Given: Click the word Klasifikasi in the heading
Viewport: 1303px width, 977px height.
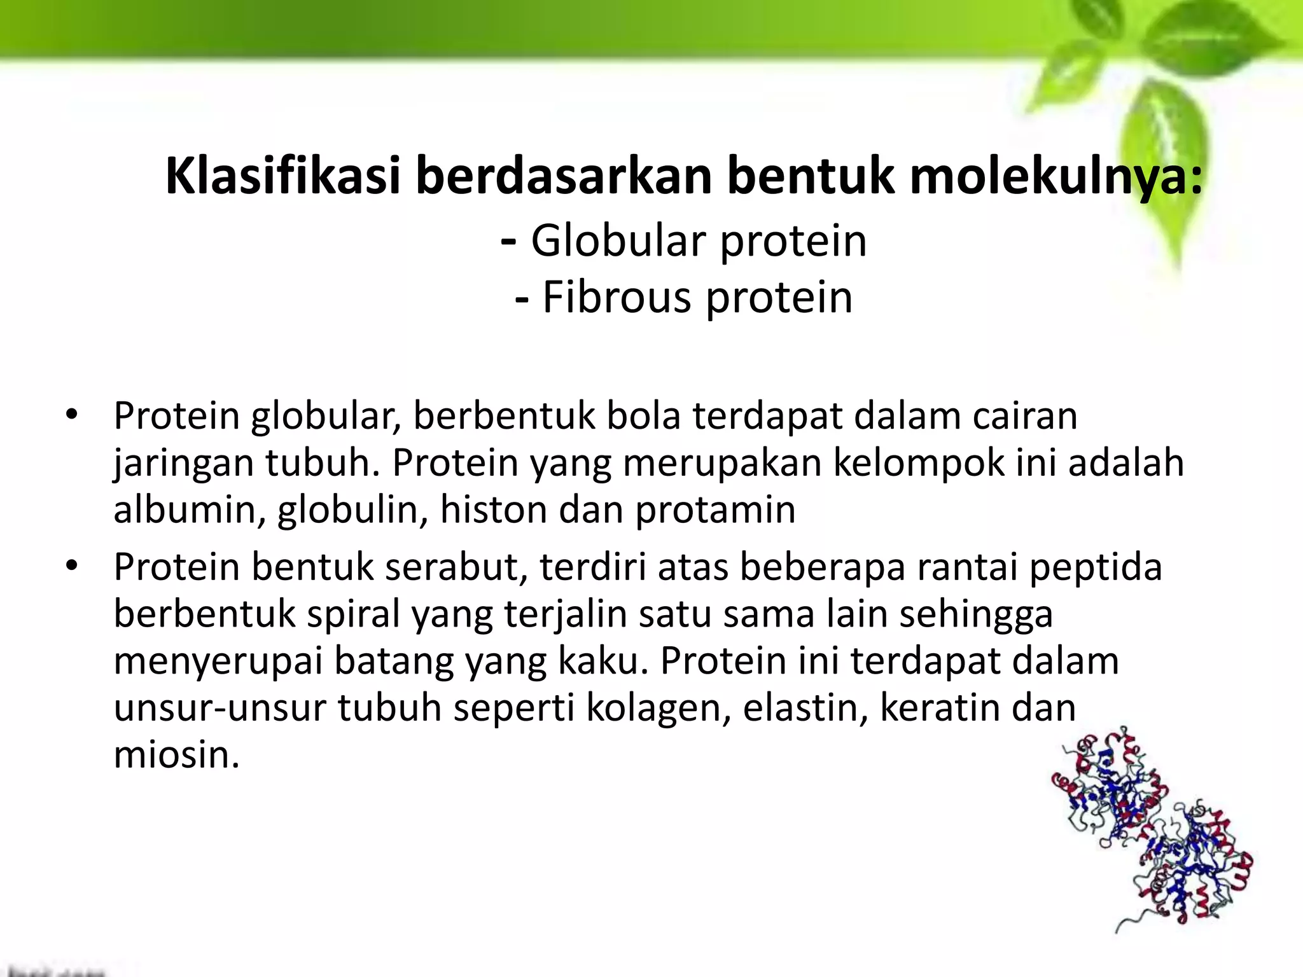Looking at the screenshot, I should [x=283, y=177].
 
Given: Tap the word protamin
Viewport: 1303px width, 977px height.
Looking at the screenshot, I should [x=715, y=511].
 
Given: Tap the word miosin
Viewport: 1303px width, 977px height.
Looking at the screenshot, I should [x=176, y=755].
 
